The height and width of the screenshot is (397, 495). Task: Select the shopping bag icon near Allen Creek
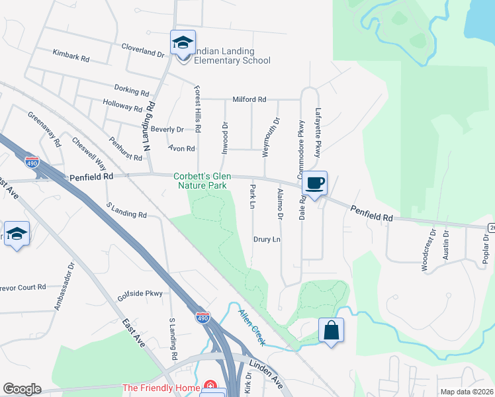point(331,330)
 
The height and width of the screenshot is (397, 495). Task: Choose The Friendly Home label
point(161,388)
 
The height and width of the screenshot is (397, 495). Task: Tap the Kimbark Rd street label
point(71,58)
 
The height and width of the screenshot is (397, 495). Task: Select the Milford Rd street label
point(249,99)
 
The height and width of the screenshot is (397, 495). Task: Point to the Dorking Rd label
point(131,91)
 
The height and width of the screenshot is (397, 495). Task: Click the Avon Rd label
point(181,149)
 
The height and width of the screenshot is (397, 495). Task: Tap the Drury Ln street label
point(267,240)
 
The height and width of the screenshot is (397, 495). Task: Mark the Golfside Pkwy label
point(140,293)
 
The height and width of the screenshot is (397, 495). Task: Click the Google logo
point(21,389)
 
